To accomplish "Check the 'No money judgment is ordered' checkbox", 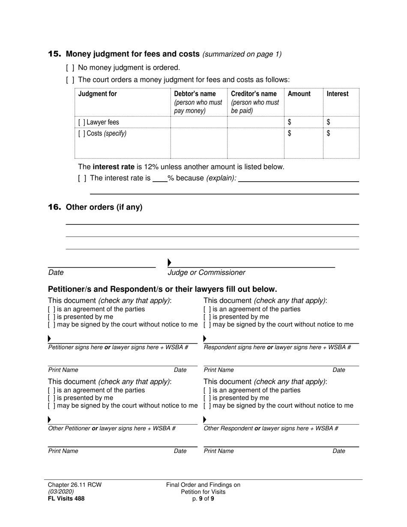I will (x=70, y=68).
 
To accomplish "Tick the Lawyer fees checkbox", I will (x=81, y=122).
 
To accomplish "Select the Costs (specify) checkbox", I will (x=81, y=133).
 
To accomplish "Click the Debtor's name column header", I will (x=195, y=94).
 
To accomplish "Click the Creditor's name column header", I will (x=254, y=94).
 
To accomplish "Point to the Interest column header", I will (x=338, y=94).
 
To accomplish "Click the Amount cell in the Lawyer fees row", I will (x=303, y=122).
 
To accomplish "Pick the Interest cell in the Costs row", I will (x=341, y=139).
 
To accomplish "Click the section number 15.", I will (x=54, y=54).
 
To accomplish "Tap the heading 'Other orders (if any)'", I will (x=104, y=207).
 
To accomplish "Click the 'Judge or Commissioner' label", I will (x=206, y=272).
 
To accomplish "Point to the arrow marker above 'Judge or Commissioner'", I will (x=170, y=262).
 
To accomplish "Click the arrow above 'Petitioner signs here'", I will (x=50, y=339).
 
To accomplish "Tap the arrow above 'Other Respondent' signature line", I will (x=205, y=419).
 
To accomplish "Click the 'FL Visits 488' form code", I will (x=66, y=498).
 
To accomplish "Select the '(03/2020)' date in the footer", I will (x=60, y=491).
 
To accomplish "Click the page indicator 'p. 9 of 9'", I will (x=203, y=498).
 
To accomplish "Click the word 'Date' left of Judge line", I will (x=56, y=272).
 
